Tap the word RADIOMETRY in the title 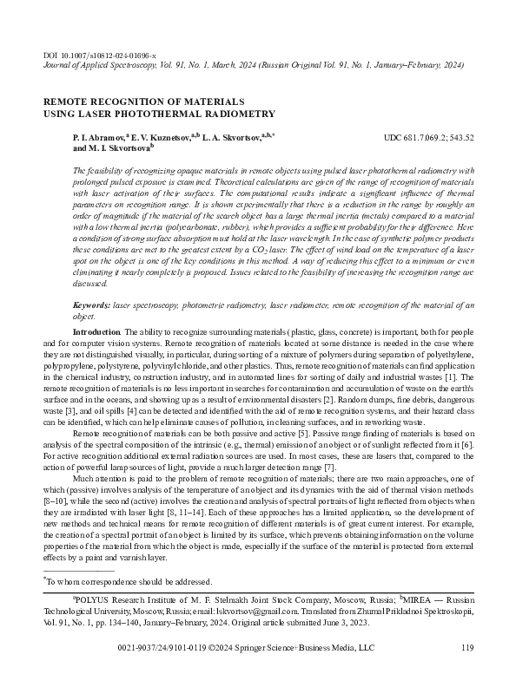point(237,114)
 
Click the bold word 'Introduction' point(96,332)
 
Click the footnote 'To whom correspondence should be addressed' point(126,582)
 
